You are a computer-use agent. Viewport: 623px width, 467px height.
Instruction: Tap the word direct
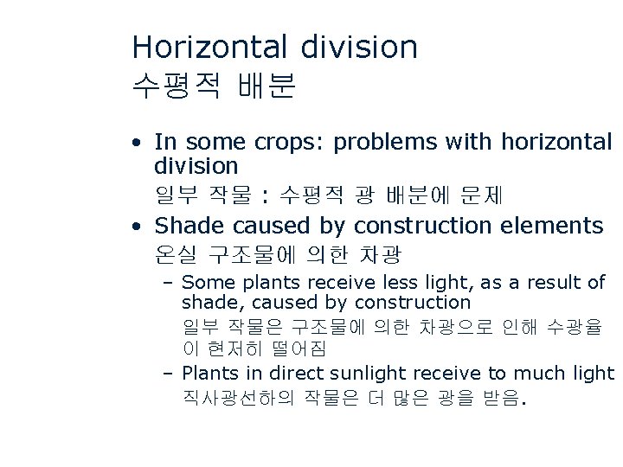pyautogui.click(x=301, y=374)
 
